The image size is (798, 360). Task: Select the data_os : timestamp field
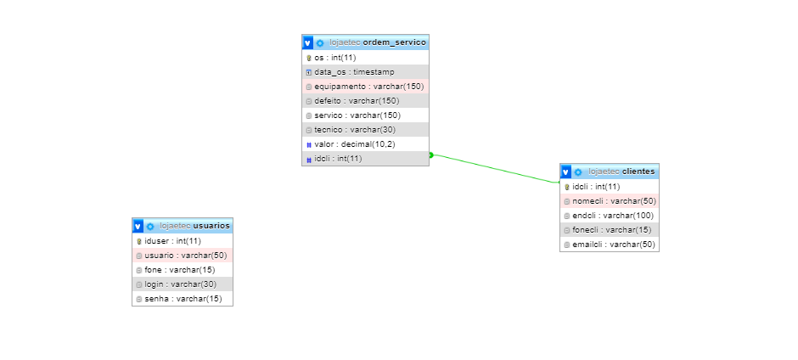[x=354, y=72]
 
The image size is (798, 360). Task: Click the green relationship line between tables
[x=495, y=169]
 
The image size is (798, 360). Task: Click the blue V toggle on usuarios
[x=138, y=226]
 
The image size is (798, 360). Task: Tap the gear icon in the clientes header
[x=578, y=172]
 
